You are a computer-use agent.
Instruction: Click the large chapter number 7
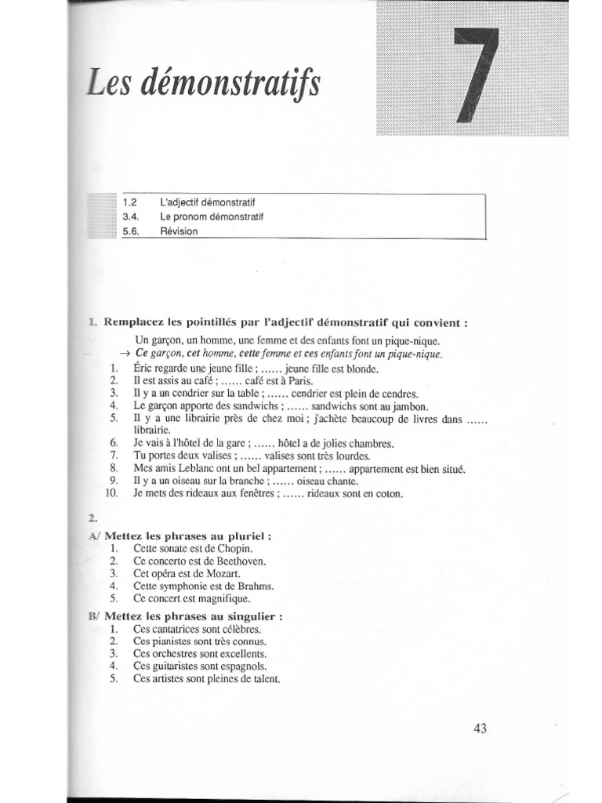coord(474,75)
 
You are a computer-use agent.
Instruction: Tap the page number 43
coord(481,729)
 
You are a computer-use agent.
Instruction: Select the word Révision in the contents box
coord(180,231)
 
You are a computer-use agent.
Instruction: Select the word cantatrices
coord(173,629)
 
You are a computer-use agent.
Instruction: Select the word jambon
coord(410,405)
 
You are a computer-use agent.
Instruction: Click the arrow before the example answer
coord(124,354)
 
